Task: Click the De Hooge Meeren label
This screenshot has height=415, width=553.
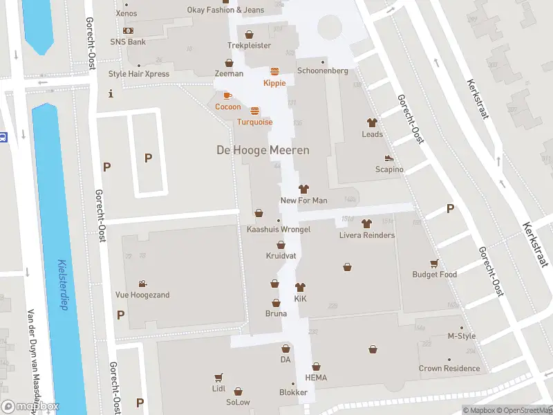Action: (263, 150)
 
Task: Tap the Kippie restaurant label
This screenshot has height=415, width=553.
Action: (274, 83)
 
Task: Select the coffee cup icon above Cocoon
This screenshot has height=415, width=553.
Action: (227, 95)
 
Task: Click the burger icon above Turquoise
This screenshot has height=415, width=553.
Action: (254, 111)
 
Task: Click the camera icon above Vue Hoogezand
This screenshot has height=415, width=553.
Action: (142, 284)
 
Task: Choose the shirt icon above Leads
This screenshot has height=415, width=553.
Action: (372, 122)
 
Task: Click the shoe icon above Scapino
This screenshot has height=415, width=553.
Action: (389, 158)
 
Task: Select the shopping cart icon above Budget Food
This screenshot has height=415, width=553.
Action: (434, 263)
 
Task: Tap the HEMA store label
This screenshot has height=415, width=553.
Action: (316, 378)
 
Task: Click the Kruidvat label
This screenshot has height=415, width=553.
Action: (281, 256)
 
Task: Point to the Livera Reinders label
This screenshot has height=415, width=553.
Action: (366, 235)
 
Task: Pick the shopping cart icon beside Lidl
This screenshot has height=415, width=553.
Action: (218, 378)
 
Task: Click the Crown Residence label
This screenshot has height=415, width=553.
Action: (449, 369)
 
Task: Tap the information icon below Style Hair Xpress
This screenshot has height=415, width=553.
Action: (111, 93)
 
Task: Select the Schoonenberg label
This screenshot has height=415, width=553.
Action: (322, 71)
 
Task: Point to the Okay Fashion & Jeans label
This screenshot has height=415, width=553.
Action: (225, 10)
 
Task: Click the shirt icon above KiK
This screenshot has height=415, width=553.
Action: (300, 287)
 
